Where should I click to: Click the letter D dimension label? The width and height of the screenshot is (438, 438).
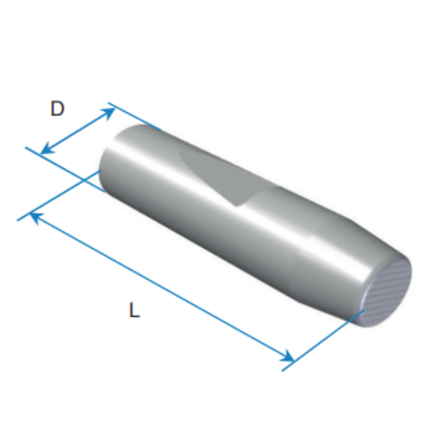[x=58, y=109]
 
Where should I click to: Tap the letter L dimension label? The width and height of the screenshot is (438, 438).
[x=134, y=310]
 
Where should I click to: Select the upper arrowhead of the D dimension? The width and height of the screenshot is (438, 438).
[x=108, y=113]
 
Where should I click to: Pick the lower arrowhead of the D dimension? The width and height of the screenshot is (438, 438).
[x=47, y=149]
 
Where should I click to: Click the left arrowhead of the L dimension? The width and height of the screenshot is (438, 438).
[x=36, y=218]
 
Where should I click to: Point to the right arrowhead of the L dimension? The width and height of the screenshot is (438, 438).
[x=287, y=356]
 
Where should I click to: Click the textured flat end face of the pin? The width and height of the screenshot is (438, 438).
[x=387, y=293]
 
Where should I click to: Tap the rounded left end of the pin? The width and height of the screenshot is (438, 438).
[x=112, y=156]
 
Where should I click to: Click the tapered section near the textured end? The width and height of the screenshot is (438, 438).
[x=335, y=260]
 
